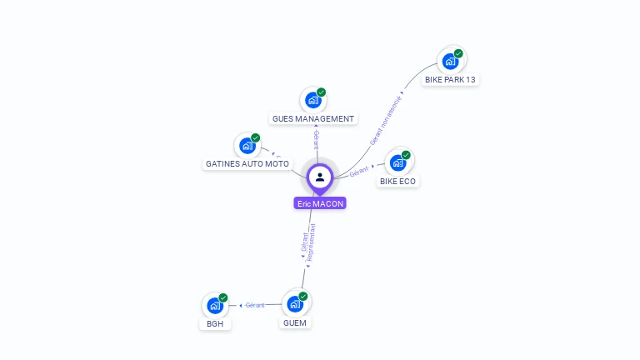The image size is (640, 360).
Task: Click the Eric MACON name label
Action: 320,203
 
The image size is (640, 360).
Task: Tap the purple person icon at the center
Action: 320,177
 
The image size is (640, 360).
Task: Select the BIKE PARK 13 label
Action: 451,80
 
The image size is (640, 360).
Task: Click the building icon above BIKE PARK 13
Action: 450,61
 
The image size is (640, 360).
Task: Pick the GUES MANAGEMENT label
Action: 313,119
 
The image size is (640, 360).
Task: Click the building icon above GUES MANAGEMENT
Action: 312,100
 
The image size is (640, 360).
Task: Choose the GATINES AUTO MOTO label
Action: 247,164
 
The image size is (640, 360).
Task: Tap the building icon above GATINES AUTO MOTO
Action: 247,146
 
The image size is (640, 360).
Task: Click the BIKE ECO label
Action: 398,181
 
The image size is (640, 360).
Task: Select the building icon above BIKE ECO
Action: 397,162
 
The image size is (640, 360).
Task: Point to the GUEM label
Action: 295,322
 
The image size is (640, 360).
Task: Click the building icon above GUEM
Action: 294,304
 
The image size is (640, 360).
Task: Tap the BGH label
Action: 215,323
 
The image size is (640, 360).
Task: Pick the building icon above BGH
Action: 214,305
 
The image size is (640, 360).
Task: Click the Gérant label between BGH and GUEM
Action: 255,305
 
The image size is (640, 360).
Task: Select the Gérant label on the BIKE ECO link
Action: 359,170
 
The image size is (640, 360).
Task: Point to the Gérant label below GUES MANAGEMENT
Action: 316,139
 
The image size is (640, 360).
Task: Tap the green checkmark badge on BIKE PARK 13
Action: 458,53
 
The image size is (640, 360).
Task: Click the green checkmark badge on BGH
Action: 222,297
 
